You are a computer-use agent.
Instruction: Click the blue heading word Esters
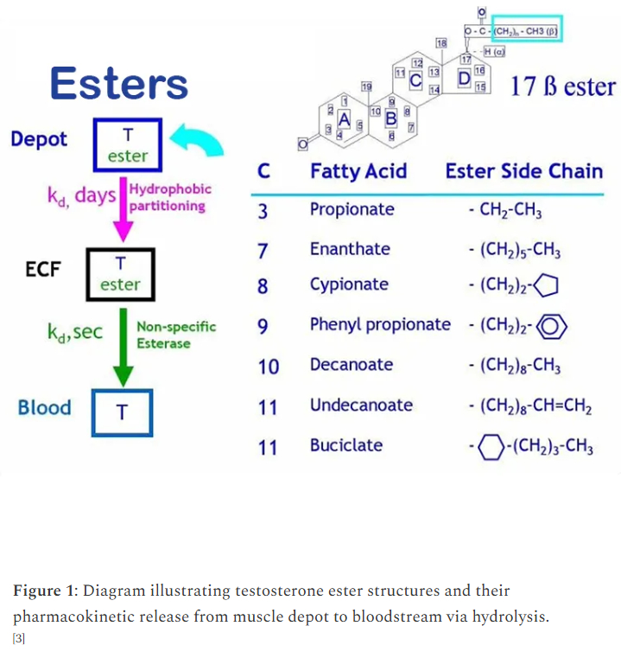(x=119, y=84)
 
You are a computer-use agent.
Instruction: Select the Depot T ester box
(x=127, y=144)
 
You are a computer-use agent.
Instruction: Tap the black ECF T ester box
(x=120, y=273)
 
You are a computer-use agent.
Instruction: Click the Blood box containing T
(x=122, y=412)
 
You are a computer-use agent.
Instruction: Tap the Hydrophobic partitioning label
(x=168, y=197)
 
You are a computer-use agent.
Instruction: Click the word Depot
(x=39, y=139)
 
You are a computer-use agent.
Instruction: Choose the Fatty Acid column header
(x=358, y=171)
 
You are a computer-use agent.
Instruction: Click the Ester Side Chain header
(x=524, y=171)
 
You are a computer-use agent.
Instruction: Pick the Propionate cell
(x=352, y=209)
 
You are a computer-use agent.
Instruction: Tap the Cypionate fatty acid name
(x=349, y=284)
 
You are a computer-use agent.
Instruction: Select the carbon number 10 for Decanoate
(x=269, y=367)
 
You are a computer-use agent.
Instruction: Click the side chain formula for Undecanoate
(x=527, y=406)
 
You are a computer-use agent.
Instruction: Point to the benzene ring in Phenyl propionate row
(x=553, y=326)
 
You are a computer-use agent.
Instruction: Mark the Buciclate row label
(x=346, y=445)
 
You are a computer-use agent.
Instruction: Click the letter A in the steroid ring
(x=344, y=118)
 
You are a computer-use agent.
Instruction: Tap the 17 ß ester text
(x=563, y=87)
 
